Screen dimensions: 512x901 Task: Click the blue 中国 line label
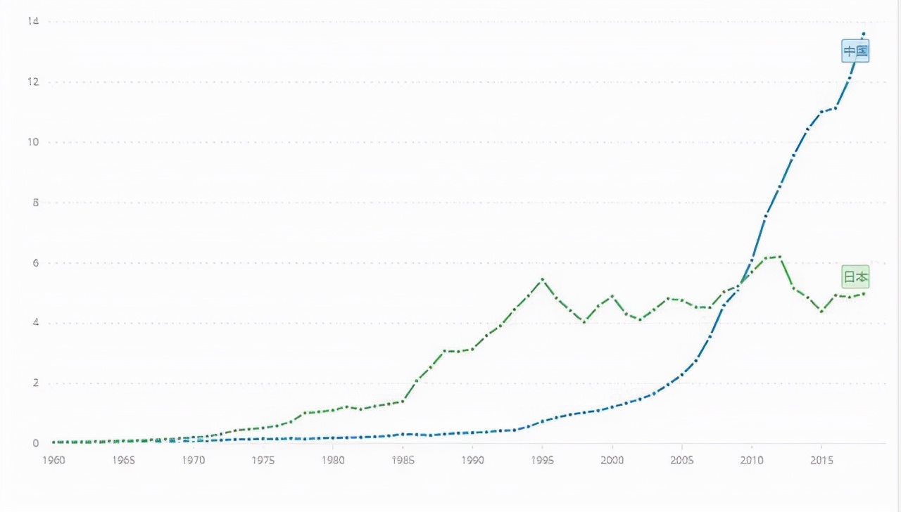(x=856, y=51)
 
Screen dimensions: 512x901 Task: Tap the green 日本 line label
(x=856, y=277)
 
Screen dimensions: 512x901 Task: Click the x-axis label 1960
(x=54, y=460)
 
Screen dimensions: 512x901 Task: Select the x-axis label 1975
(x=263, y=460)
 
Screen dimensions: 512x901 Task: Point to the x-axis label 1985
(x=403, y=460)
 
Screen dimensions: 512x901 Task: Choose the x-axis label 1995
(x=542, y=460)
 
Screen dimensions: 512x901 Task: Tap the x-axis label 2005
(x=681, y=460)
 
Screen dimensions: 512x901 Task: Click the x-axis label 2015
(x=821, y=460)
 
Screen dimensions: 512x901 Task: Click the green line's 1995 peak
(x=542, y=279)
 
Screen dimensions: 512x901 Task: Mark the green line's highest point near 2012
(x=780, y=257)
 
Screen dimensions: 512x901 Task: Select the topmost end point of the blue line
(x=864, y=33)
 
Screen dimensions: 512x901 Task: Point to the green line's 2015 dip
(x=821, y=311)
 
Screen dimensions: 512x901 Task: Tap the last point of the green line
(x=864, y=293)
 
